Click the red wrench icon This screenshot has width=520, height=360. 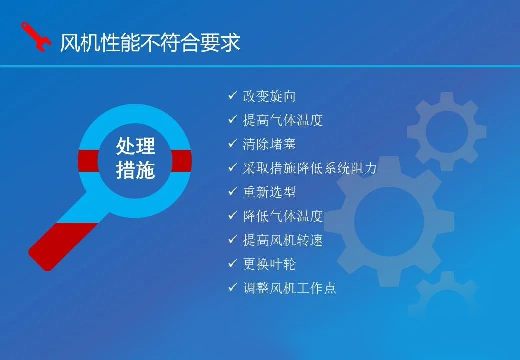click(36, 37)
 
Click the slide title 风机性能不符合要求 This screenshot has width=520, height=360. click(150, 43)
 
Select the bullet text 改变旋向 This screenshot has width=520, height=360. click(269, 96)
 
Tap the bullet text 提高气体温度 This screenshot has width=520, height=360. click(283, 120)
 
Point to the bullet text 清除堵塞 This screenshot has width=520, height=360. click(269, 144)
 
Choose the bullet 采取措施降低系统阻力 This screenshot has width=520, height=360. click(309, 168)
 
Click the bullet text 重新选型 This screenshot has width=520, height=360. click(269, 192)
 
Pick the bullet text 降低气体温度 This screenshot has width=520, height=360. click(283, 216)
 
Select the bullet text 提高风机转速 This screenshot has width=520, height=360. click(283, 240)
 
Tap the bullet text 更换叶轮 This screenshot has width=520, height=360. click(269, 264)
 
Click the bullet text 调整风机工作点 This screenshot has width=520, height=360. click(289, 288)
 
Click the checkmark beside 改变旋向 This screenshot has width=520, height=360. click(233, 96)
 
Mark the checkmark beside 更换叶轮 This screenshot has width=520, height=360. click(233, 263)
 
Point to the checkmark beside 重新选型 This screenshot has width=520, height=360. click(233, 191)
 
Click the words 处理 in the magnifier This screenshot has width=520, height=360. click(135, 146)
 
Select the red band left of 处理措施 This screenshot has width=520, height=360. click(89, 161)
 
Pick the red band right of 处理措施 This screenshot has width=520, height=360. click(181, 161)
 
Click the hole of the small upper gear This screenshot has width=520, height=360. click(446, 132)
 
